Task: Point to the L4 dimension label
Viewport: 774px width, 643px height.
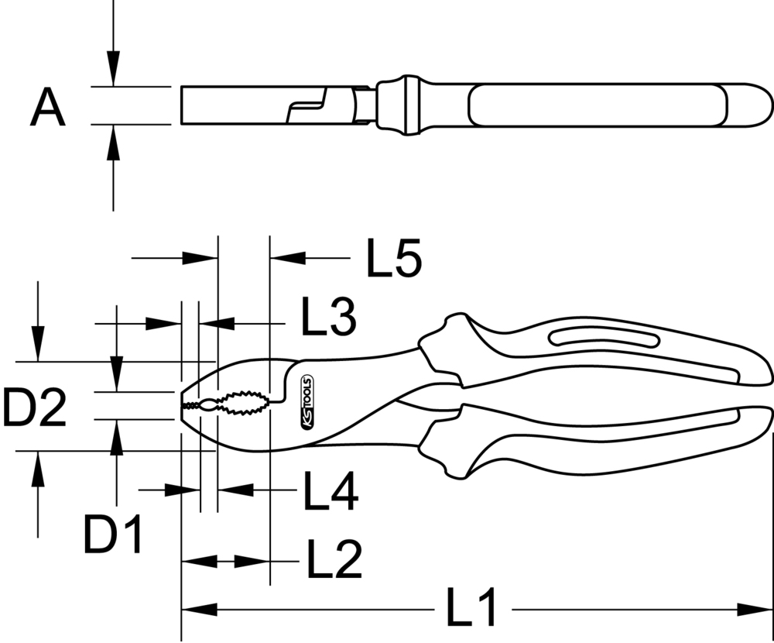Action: click(330, 492)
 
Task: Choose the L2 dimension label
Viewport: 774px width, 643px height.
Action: click(334, 560)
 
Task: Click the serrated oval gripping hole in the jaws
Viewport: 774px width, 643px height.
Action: click(241, 403)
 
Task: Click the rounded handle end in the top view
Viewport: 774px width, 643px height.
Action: click(755, 105)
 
